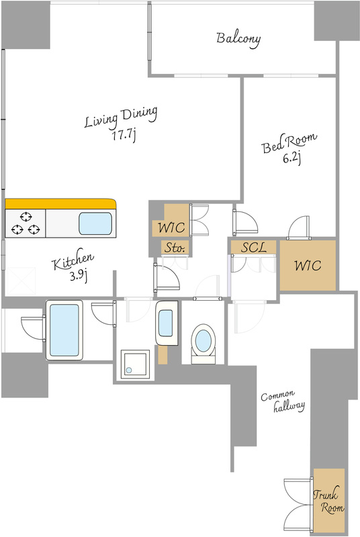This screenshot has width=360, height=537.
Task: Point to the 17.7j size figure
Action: (124, 136)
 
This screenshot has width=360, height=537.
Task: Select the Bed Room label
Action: (289, 143)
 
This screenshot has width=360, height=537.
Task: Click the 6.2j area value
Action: (292, 158)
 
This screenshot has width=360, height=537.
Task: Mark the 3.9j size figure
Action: (79, 276)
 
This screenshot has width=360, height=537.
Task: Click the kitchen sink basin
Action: (95, 224)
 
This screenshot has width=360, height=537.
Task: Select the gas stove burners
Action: (26, 224)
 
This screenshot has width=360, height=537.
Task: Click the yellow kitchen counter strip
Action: (60, 203)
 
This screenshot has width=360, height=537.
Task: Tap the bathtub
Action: (64, 330)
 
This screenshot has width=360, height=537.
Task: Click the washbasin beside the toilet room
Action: (167, 323)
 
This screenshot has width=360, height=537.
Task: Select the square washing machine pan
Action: (135, 364)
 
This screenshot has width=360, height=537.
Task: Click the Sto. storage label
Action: (175, 248)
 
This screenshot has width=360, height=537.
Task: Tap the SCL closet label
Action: (253, 247)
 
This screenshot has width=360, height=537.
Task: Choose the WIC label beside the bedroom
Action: (308, 265)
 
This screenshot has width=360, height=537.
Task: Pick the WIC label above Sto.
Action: (171, 228)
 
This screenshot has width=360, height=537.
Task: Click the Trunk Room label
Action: (329, 501)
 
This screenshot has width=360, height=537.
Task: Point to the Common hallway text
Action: (283, 401)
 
